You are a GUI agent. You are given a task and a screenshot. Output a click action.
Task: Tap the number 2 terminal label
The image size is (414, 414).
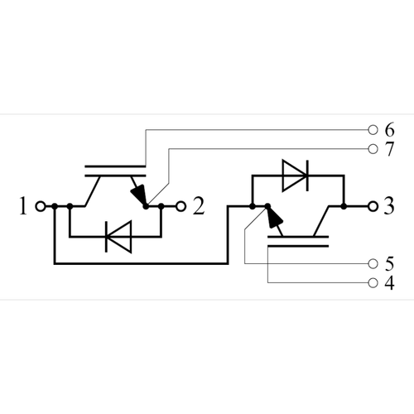coord(198,207)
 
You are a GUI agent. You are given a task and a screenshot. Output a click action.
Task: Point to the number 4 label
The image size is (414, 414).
coord(389,284)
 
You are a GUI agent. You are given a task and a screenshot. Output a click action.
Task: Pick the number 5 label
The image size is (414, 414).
coord(389,264)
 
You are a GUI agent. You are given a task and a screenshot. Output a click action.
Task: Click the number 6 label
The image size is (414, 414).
coord(389,130)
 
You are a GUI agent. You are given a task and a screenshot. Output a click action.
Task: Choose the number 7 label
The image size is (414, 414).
coord(389,149)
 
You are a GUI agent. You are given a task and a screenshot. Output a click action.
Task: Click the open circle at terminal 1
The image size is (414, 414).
coord(41,206)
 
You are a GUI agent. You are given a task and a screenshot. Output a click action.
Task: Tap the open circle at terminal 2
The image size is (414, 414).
coord(179,206)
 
